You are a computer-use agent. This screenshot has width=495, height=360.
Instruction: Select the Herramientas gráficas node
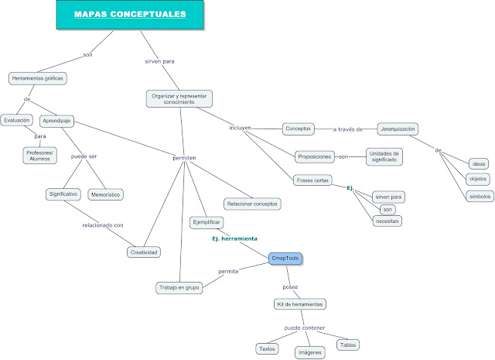coord(37,78)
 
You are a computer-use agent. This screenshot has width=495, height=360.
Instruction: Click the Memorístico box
coord(106,194)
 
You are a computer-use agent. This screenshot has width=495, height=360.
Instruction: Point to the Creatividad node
coord(143,252)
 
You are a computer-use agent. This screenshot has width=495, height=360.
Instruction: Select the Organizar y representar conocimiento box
coord(179,98)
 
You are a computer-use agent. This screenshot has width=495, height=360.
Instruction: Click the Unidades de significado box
coord(384,156)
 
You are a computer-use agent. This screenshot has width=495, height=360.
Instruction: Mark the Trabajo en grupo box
coord(179,288)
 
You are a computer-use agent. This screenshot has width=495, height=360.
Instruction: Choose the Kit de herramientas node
coord(299,303)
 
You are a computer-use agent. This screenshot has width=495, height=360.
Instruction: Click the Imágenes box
coord(309,352)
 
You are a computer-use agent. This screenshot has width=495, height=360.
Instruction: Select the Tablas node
coord(346,344)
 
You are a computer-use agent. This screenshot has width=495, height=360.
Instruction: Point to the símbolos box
coord(479,196)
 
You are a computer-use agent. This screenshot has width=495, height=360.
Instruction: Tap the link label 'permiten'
coord(184,158)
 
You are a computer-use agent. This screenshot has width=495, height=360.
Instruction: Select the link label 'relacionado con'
coord(103,225)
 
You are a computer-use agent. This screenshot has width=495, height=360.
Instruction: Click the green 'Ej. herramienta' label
coord(234,238)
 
